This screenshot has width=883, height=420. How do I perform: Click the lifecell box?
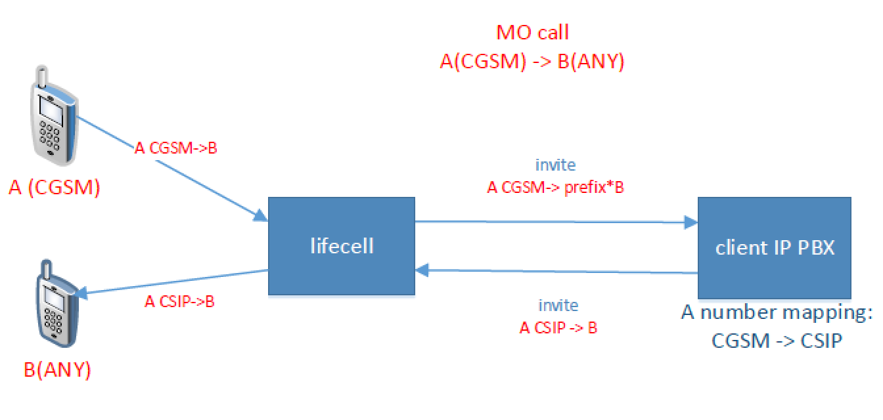342,246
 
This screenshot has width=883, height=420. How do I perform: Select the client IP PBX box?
774,248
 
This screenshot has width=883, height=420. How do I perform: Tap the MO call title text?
532,32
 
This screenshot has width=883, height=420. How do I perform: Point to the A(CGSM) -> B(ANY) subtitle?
532,62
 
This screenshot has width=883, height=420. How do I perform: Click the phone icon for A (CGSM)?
54,116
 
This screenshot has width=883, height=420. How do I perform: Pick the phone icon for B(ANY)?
58,303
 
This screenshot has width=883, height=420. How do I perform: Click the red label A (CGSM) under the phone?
55,188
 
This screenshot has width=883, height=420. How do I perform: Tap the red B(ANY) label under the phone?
58,370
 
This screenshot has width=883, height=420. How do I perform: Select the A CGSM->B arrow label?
176,148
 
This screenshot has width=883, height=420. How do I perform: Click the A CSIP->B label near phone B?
180,301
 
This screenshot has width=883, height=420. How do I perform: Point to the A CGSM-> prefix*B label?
555,188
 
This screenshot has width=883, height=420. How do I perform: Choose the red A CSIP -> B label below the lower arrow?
558,327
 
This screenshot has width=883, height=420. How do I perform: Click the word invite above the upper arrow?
555,165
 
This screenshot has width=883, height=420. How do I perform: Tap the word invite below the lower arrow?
558,305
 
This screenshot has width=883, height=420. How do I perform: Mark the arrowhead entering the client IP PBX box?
691,222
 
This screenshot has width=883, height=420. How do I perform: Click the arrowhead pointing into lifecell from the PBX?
422,270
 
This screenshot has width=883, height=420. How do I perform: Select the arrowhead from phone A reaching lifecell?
261,216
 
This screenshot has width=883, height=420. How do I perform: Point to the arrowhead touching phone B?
81,293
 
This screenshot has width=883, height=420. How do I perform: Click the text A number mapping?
777,312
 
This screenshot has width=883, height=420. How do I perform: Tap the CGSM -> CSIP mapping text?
777,341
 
